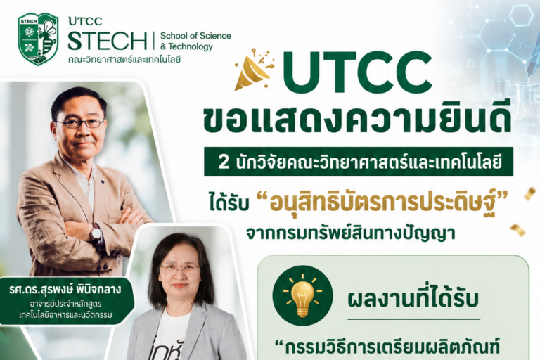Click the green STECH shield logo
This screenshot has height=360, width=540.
tap(38, 39)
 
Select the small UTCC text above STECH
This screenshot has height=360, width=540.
tap(85, 21)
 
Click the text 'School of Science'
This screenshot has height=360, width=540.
tap(195, 35)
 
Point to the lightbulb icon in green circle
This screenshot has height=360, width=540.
tap(302, 295)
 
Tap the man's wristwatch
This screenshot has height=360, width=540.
tap(96, 233)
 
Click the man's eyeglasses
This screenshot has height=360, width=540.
tap(80, 122)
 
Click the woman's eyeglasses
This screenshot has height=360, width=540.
tap(179, 269)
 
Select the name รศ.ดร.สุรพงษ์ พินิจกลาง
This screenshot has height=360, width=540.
tap(65, 289)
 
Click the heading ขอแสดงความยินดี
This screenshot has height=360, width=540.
tap(357, 120)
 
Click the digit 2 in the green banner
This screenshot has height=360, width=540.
tap(224, 162)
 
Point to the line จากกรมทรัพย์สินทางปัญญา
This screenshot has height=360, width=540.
tap(351, 233)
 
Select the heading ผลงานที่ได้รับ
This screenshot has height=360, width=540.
tap(413, 299)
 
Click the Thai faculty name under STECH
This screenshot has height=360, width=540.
tap(124, 59)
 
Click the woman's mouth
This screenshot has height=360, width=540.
tap(179, 285)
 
